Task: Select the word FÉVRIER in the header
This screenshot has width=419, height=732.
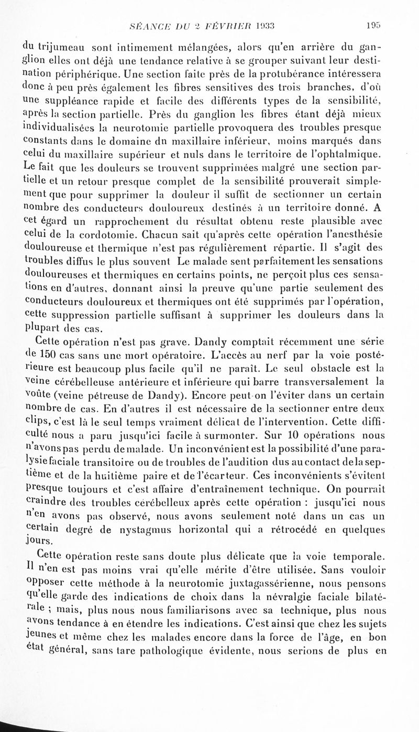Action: click(x=226, y=24)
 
